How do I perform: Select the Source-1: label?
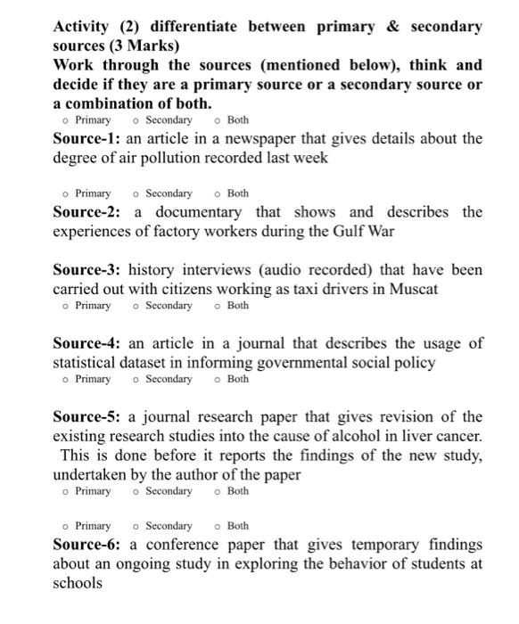(86, 139)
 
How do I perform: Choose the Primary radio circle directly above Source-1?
(66, 120)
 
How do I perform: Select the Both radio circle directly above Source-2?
(218, 193)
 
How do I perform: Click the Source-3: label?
(86, 270)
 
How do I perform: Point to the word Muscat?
(414, 289)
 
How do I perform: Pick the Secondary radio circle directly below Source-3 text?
(136, 307)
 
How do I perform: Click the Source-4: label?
(86, 343)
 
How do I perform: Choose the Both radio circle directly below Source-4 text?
(218, 380)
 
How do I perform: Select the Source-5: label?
(86, 417)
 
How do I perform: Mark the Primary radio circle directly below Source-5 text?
(66, 492)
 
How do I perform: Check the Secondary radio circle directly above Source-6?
(136, 527)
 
